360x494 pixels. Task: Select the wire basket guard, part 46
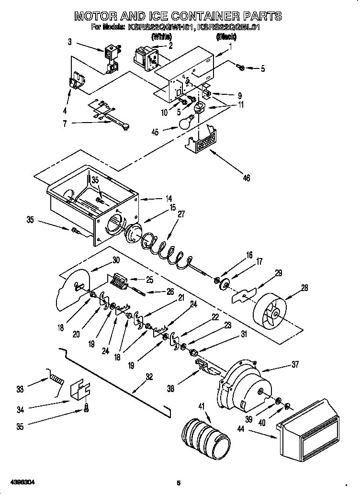click(204, 141)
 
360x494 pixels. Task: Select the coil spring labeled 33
click(56, 379)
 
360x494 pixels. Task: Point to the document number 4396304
click(21, 481)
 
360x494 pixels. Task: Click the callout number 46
click(246, 179)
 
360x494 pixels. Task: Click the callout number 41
click(201, 406)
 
